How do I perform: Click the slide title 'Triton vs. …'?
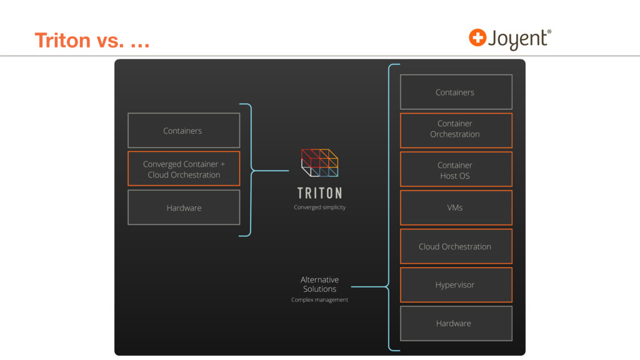[92, 41]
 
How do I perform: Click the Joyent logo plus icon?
[477, 37]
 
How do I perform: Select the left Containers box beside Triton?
[184, 131]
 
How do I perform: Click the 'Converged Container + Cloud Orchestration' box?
[184, 169]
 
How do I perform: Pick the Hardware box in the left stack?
[184, 207]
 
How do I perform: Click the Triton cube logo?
[319, 162]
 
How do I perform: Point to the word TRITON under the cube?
[319, 193]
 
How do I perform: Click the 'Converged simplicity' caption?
[319, 207]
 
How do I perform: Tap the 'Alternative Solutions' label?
[319, 284]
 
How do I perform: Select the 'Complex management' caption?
[319, 300]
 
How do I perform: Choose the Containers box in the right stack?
[456, 92]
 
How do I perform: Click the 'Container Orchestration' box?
[456, 130]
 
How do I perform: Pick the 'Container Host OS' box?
[456, 169]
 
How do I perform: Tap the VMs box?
[456, 207]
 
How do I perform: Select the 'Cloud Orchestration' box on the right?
[456, 246]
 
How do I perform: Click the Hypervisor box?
[456, 285]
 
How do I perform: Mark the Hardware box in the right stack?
[456, 323]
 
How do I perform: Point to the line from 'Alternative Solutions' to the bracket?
[366, 287]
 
